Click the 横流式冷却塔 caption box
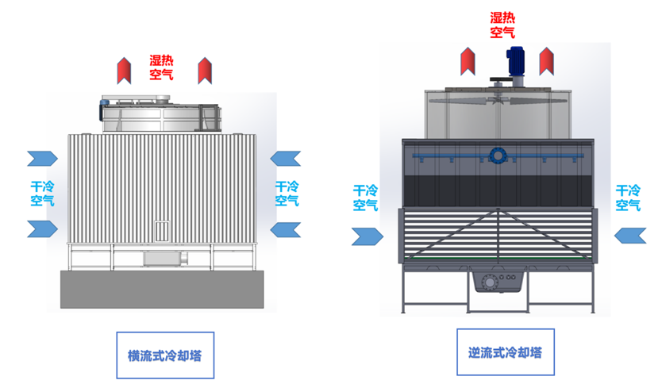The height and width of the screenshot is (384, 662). [165, 354]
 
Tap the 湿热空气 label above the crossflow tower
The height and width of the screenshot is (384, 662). [162, 68]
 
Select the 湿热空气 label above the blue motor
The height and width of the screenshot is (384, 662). [502, 25]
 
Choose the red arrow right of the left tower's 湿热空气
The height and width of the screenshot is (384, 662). [206, 70]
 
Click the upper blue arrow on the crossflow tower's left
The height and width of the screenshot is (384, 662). [43, 158]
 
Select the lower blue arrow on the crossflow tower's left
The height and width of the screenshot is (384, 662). [43, 229]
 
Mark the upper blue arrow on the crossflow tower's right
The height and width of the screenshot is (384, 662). [286, 158]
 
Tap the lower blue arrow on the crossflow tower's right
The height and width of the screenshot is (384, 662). [286, 229]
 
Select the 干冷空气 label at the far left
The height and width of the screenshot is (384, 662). [42, 194]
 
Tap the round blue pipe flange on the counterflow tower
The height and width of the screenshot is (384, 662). [498, 155]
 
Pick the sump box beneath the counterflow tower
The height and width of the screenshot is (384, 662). [498, 283]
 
